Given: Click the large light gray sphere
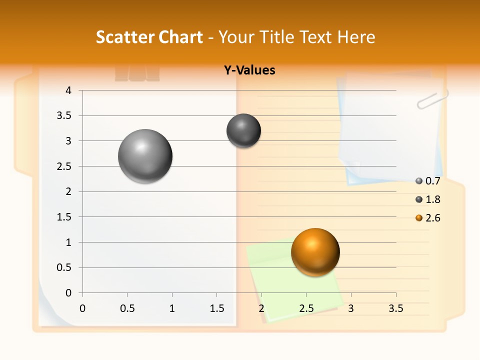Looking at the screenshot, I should point(145,156).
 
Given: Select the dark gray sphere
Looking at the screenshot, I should point(244,130).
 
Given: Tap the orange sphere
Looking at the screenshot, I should point(315,252).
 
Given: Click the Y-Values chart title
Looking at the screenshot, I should point(249,70).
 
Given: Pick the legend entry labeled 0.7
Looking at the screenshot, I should point(428,181).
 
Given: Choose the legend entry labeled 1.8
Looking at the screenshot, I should point(428,199).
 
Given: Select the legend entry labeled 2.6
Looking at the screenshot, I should point(428,218).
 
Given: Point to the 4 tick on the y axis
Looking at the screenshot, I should point(68,90).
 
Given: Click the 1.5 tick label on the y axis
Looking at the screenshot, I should point(63,217).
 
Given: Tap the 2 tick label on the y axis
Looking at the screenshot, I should point(68,191).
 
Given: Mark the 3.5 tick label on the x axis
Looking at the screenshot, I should point(395,308).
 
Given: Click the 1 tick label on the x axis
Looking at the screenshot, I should point(172,308).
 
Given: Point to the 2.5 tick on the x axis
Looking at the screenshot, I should point(306,308).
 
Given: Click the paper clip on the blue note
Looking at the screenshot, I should point(432,99).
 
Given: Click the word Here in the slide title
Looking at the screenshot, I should point(356,37).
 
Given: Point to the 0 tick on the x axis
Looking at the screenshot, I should point(82,308).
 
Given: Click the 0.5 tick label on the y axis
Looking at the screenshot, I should point(63,267).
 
